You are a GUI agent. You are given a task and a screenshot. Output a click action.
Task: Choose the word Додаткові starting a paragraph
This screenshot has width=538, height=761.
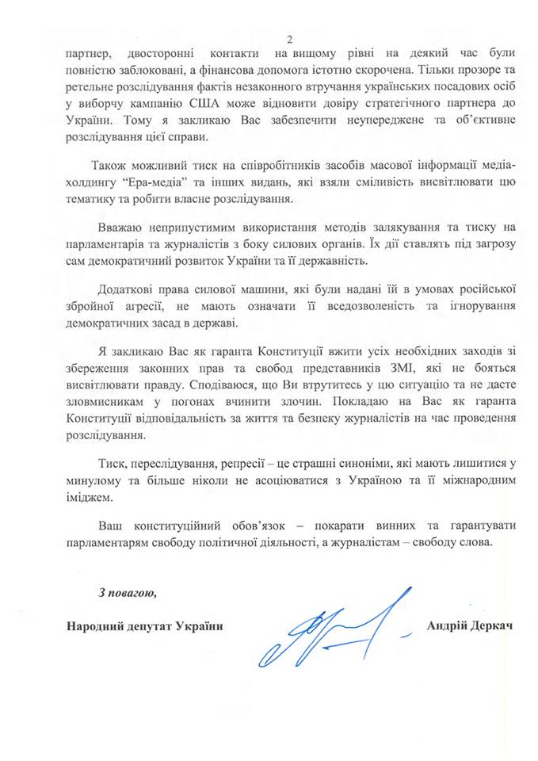pyautogui.click(x=128, y=289)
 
